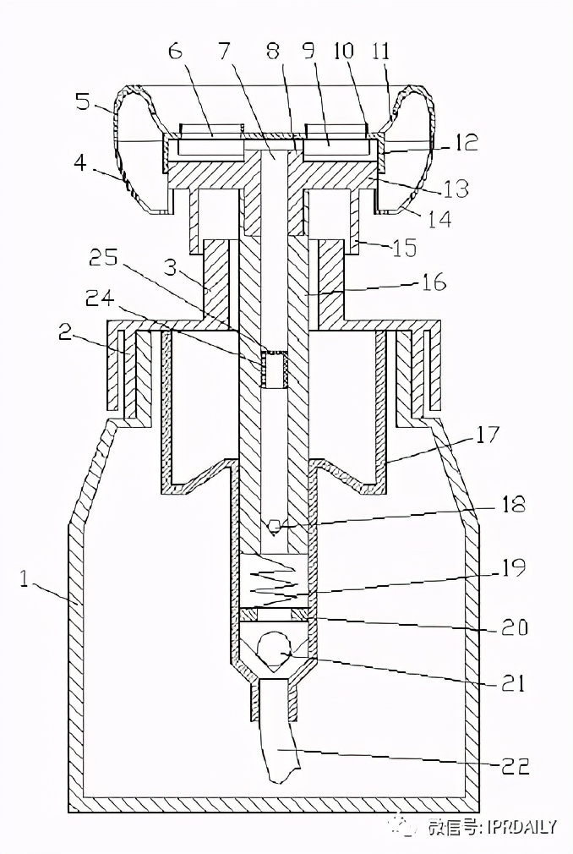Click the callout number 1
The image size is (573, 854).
[24, 578]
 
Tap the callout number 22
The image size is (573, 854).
[513, 766]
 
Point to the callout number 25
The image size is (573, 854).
[103, 258]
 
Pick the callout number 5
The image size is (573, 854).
[84, 101]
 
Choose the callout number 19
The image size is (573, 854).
[512, 567]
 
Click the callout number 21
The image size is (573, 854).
[512, 682]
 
